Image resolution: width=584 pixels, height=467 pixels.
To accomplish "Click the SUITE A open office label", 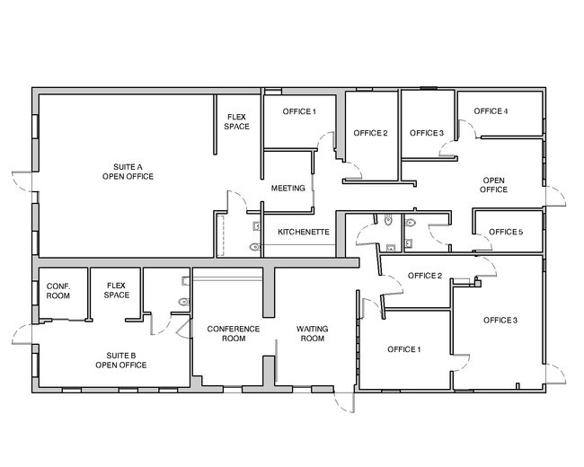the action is (128, 172).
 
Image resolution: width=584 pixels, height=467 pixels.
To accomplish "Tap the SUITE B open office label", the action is (121, 360).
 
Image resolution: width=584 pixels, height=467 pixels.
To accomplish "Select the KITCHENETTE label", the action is (304, 232).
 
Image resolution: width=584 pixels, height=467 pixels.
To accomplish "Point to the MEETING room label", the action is (288, 188).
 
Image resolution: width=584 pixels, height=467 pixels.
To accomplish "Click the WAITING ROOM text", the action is (312, 334).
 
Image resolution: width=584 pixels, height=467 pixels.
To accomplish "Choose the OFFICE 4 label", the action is (491, 111).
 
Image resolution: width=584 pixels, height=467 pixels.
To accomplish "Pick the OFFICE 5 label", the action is (506, 232).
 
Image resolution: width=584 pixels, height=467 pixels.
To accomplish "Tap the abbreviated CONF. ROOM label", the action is (58, 291).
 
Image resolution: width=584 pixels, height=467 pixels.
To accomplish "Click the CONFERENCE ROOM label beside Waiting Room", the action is (234, 334).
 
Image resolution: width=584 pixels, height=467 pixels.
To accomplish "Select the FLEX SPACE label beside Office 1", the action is (236, 122).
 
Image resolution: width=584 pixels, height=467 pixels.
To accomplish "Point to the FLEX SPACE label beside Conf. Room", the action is (116, 290).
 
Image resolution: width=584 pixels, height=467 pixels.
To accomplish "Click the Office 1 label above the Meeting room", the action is (299, 111).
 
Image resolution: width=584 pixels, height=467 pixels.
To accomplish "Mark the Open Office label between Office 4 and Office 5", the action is (493, 185).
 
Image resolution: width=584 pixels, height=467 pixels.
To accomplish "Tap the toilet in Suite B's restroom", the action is (184, 302).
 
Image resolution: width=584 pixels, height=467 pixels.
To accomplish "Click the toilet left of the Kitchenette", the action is (255, 247).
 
